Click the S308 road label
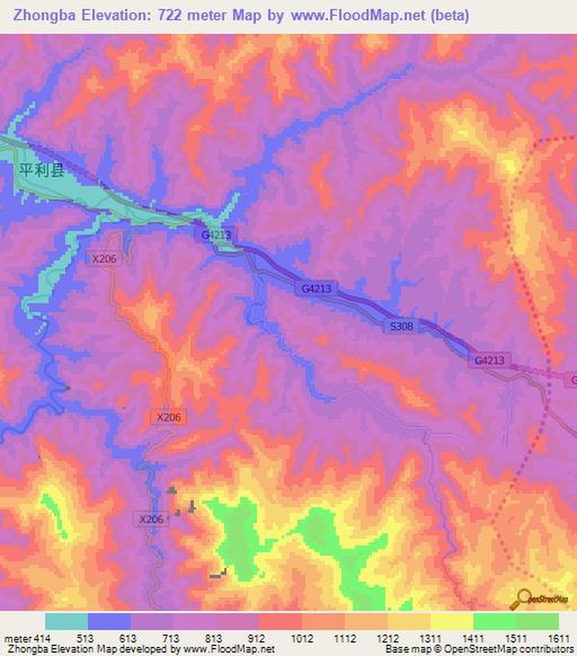coord(402,326)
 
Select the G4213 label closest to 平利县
coord(216,235)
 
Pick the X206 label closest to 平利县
coord(104,259)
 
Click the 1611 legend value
coord(559,638)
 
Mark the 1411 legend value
coord(473,638)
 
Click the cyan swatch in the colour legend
coord(66,621)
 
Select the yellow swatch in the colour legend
coord(452,621)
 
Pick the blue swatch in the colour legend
coord(109,621)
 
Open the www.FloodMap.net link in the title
coord(358,16)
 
